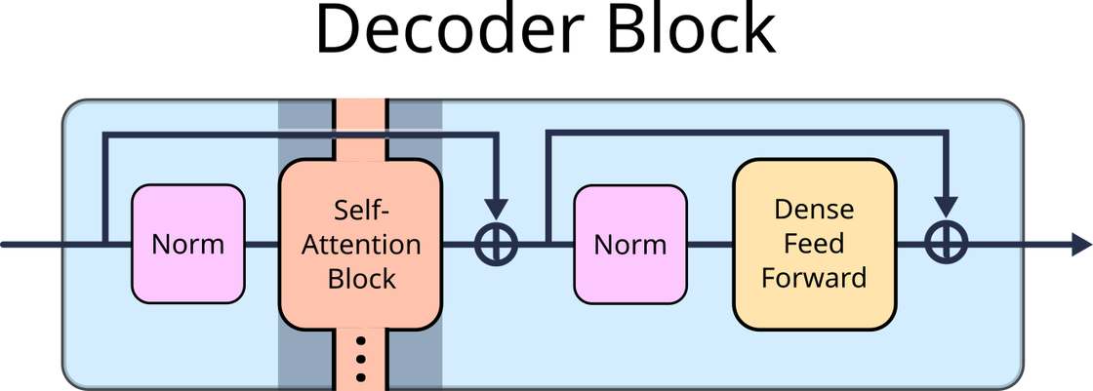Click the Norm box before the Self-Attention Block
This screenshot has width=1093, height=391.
point(187,243)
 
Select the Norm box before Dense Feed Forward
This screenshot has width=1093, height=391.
point(630,243)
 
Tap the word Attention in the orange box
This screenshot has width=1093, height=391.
point(361,244)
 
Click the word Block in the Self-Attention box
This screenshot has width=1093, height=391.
point(361,278)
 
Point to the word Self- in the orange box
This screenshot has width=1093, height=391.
point(361,210)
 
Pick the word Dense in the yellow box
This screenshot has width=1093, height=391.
point(814,210)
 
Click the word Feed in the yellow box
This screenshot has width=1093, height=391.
point(814,244)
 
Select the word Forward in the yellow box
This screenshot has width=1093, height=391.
point(814,278)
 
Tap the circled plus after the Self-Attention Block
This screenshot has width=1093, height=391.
point(496,244)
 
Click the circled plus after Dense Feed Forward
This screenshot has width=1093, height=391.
point(946,244)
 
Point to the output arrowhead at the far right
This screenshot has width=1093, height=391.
point(1078,244)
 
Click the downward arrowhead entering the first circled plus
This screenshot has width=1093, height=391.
point(496,208)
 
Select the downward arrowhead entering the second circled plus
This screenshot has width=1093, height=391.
point(946,208)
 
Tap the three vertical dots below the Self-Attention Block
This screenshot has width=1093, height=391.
point(360,359)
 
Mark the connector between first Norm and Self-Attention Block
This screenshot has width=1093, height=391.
point(262,244)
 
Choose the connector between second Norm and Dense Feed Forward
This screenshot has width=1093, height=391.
point(709,244)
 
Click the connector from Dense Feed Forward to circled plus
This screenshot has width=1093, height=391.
point(910,244)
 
